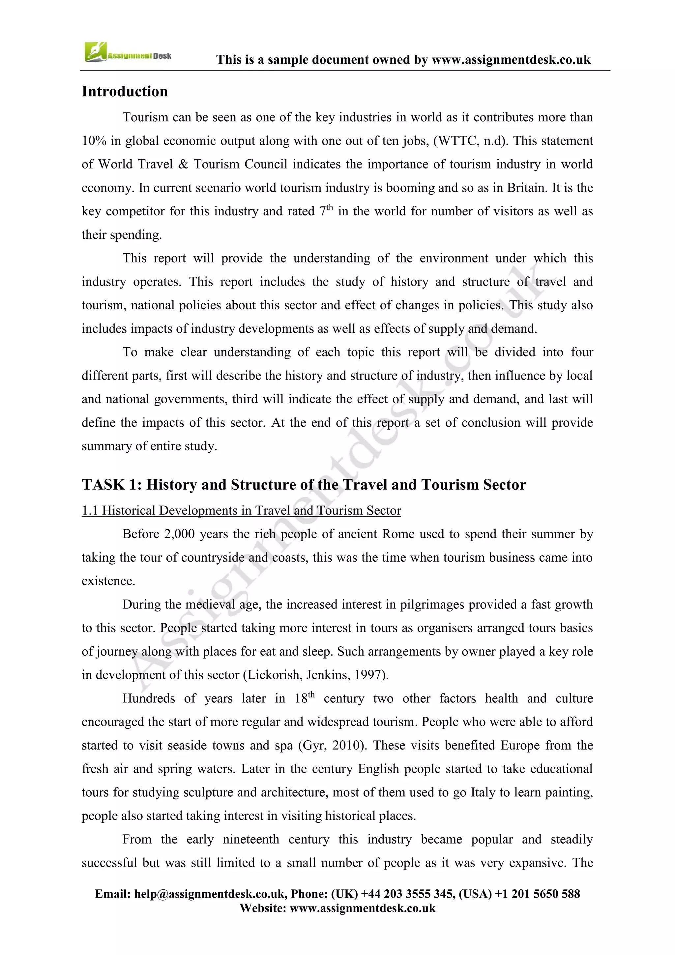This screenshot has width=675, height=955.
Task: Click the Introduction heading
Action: tap(125, 91)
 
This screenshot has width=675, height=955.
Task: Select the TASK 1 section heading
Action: tap(304, 484)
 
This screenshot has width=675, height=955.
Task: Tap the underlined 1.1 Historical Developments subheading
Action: tap(241, 510)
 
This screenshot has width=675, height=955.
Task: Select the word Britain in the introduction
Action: tap(527, 188)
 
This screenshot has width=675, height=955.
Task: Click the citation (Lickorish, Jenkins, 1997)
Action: tap(316, 675)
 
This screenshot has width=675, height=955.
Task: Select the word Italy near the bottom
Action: tap(483, 792)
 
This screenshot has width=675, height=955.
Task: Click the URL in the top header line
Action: tap(511, 60)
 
